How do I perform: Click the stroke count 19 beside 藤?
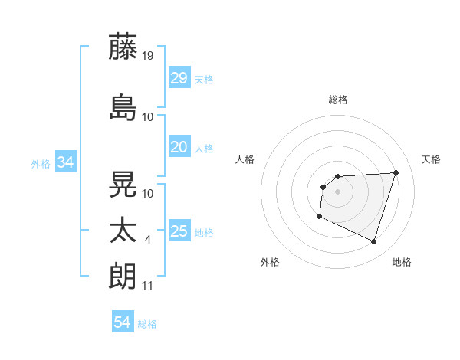(149, 55)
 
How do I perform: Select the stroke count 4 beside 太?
(148, 240)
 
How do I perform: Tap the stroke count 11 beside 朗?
(148, 286)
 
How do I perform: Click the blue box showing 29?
(179, 78)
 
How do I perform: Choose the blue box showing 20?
(179, 147)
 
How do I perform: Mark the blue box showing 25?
(179, 231)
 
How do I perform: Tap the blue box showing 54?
(123, 322)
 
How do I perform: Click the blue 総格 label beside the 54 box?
(147, 324)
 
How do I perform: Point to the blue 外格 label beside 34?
(41, 163)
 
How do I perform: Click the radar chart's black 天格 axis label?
(431, 159)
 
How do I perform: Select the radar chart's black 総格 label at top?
(337, 100)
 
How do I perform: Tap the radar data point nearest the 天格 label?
(396, 172)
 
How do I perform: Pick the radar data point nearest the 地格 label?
(374, 242)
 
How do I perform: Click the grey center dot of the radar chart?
(337, 191)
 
